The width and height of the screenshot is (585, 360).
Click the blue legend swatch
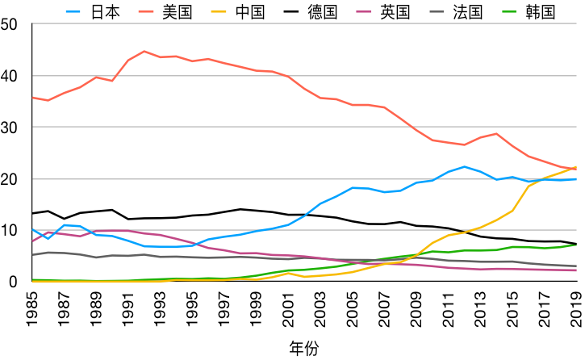click(73, 11)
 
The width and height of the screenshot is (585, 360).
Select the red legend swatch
click(146, 11)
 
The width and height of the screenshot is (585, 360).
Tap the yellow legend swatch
click(219, 11)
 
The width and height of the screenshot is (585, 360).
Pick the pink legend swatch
click(364, 11)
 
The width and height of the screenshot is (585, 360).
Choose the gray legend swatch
click(437, 11)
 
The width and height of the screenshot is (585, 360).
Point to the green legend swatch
click(509, 11)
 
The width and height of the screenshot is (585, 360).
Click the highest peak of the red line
click(144, 51)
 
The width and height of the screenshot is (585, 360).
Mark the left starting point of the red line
click(32, 98)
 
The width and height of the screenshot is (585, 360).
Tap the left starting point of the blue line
click(32, 229)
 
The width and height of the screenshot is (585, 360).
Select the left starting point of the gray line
click(32, 254)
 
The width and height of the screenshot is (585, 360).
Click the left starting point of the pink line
click(32, 241)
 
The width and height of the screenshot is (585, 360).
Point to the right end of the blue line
click(576, 179)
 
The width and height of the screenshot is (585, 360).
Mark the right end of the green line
click(576, 245)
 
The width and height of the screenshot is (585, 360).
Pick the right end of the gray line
click(576, 266)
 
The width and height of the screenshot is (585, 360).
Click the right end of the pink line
click(576, 270)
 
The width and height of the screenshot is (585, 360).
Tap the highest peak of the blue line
click(465, 166)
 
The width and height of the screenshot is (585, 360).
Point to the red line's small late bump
click(496, 133)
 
